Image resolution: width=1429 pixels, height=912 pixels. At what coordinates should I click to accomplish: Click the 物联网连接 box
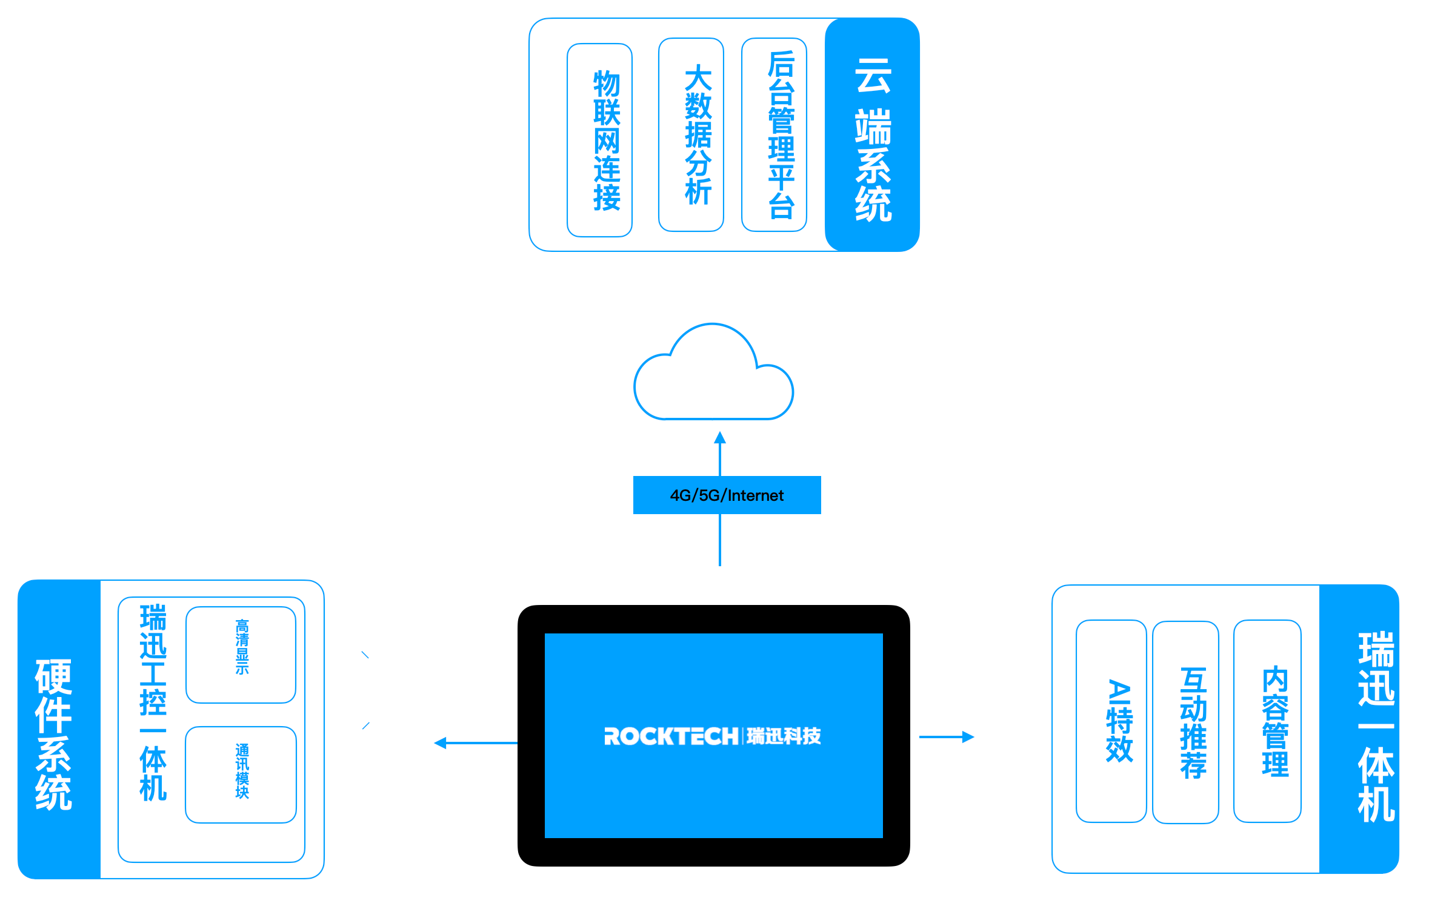pos(599,140)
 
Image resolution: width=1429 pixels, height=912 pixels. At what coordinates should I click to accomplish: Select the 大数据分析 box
pos(691,134)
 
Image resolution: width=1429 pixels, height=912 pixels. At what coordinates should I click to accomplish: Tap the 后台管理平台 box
pos(774,134)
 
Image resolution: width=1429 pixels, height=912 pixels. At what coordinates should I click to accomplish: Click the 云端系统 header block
pos(872,134)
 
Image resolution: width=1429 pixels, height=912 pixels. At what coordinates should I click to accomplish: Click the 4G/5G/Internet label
pos(727,495)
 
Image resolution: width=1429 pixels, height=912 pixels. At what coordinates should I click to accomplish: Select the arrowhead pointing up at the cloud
pos(720,437)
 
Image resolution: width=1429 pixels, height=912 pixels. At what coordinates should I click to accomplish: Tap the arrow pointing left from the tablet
pos(476,743)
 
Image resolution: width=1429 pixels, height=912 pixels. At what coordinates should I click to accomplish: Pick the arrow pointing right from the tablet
pos(947,737)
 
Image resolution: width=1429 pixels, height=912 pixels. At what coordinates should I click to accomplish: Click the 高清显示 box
pos(241,655)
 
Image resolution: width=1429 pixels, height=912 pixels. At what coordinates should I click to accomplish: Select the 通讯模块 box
pos(241,775)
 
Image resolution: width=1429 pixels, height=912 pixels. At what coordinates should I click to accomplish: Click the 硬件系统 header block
pos(59,729)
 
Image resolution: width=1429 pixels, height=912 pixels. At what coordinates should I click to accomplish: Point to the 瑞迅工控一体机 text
pos(153,702)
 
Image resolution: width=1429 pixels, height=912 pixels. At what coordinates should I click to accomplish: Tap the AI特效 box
pos(1111,721)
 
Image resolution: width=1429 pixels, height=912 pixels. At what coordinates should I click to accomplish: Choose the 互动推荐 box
pos(1185,722)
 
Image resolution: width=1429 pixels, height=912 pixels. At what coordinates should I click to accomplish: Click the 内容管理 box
pos(1267,721)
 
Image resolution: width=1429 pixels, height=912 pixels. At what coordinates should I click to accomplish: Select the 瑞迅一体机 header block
pos(1359,729)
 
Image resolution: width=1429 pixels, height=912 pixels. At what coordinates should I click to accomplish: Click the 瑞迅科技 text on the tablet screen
pos(784,736)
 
